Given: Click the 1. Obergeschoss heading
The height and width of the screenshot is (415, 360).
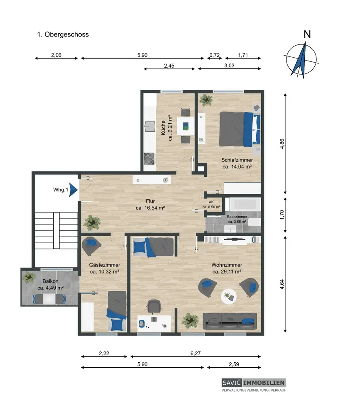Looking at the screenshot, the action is point(63,34).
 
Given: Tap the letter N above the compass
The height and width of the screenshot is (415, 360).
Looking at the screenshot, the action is point(307,34).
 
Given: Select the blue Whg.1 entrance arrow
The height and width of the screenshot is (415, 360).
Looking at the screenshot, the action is point(73,190).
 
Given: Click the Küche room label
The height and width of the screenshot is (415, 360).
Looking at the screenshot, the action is point(163,128).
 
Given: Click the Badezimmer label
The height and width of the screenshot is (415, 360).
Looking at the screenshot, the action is point(237,217).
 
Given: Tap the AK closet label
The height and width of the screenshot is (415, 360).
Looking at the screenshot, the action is point(211,202).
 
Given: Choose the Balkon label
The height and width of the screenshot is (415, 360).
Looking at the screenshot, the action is point(50,281).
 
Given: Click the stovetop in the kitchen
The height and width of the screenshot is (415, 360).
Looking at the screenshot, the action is point(149,159).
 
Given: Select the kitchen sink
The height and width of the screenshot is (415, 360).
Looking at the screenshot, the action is point(149,126).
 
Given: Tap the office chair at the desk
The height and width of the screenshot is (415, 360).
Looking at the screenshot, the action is point(154,306).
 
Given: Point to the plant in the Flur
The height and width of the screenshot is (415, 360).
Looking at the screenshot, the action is point(92,223).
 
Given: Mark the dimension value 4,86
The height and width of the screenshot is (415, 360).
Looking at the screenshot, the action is point(282,144).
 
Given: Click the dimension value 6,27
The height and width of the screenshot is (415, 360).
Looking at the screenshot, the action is point(196,353).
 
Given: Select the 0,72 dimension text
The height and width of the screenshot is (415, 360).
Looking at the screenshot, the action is point(215,55).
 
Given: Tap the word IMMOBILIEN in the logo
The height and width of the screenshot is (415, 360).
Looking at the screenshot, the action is point(264,383).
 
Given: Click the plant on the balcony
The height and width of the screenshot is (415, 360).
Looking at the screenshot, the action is point(29,277).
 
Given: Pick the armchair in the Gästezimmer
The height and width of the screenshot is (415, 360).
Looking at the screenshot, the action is point(91,246).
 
